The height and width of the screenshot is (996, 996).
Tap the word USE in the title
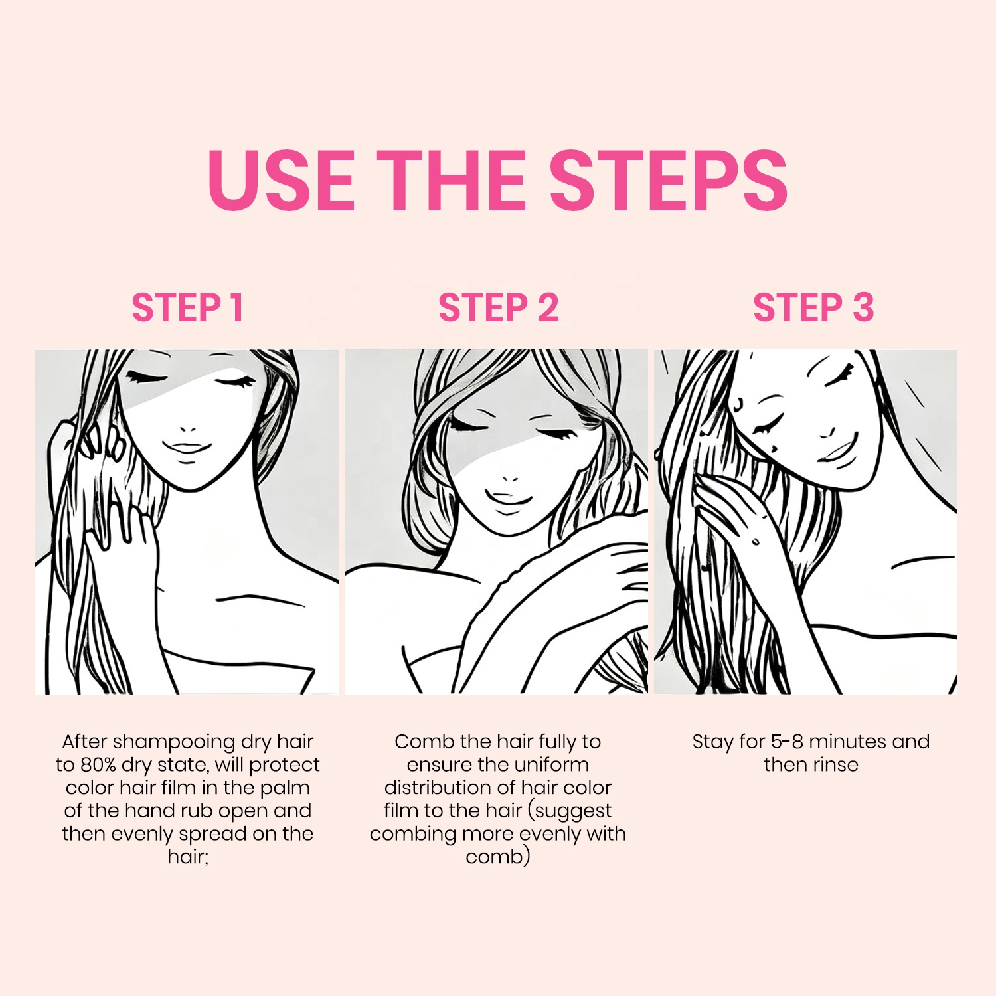point(282,180)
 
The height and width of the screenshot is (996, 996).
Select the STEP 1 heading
point(188,308)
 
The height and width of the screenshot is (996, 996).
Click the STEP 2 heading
point(499,308)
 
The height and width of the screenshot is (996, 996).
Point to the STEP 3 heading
point(813,308)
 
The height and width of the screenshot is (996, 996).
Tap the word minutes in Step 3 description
point(848,742)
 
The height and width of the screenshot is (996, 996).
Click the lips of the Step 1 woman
point(187,447)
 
